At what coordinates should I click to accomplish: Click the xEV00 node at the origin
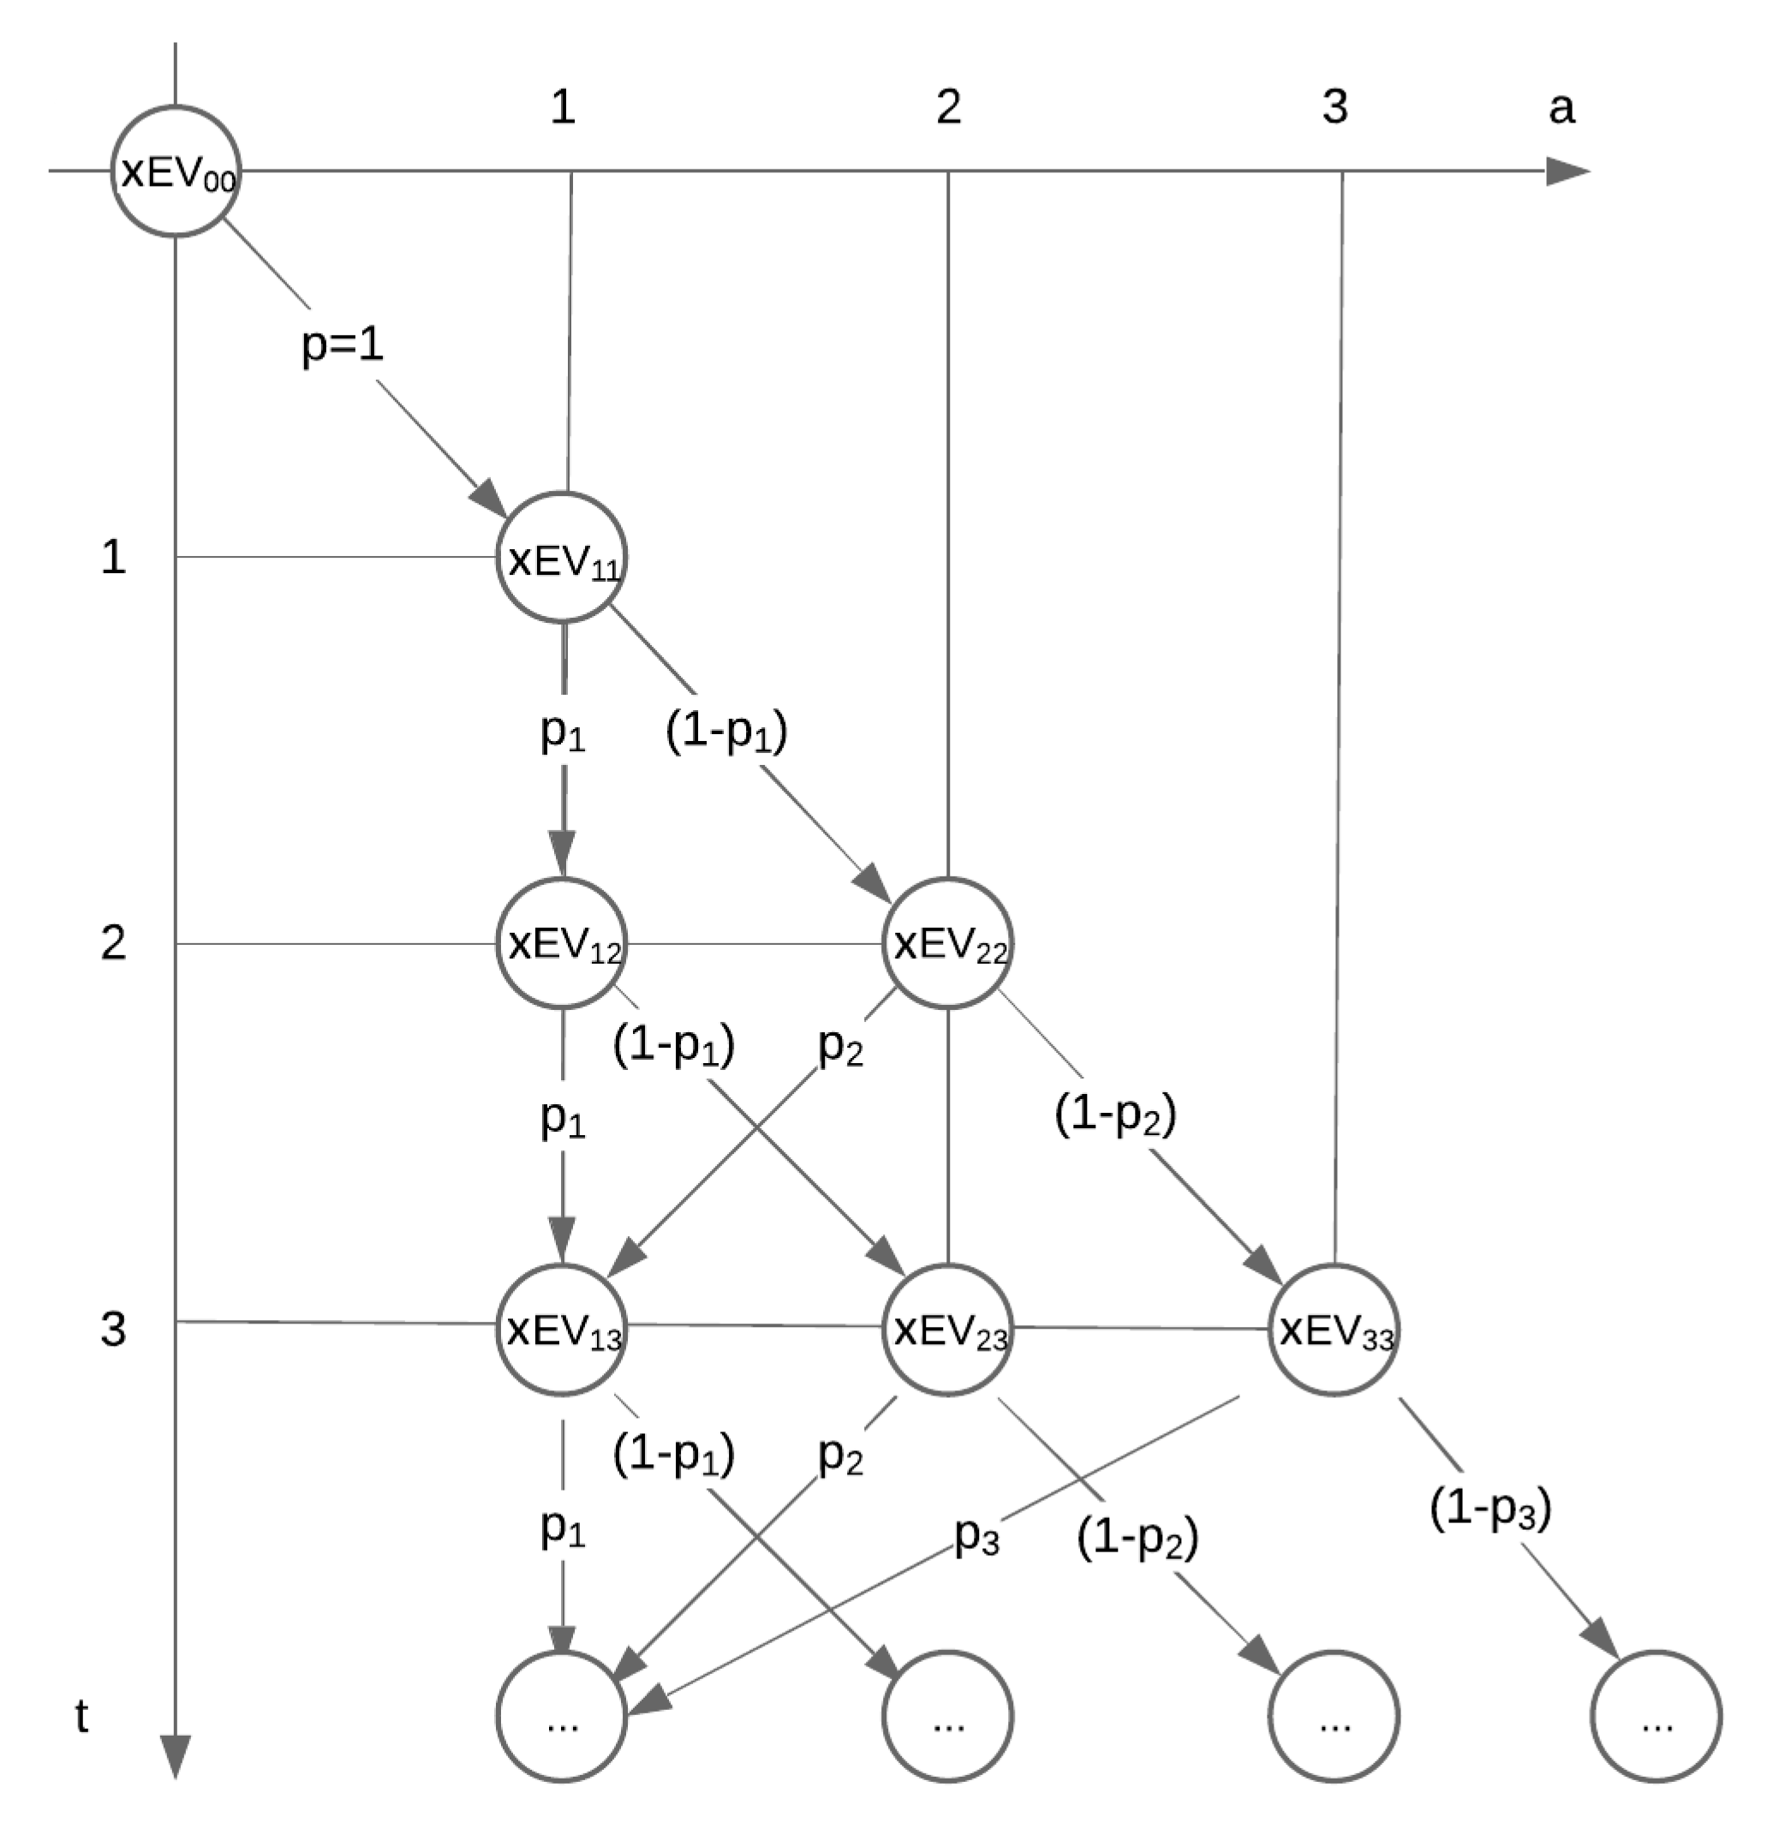pos(176,171)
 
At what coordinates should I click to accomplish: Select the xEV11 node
pos(561,558)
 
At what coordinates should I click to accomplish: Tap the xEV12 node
pos(561,944)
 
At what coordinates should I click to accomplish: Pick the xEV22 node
pos(946,944)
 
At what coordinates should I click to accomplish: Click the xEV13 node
pos(561,1330)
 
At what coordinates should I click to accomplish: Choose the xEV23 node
pos(946,1330)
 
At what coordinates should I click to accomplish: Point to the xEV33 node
pos(1334,1330)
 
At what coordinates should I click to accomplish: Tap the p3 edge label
pos(976,1537)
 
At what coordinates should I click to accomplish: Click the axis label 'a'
pos(1561,108)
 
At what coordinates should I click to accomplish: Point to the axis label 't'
pos(82,1716)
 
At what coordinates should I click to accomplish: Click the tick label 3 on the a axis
pos(1334,108)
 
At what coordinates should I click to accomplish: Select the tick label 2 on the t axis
pos(113,943)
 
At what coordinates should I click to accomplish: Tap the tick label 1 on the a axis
pos(563,108)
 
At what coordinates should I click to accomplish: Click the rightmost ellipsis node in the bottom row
pos(1657,1716)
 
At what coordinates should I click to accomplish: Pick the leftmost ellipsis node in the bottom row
pos(561,1716)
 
